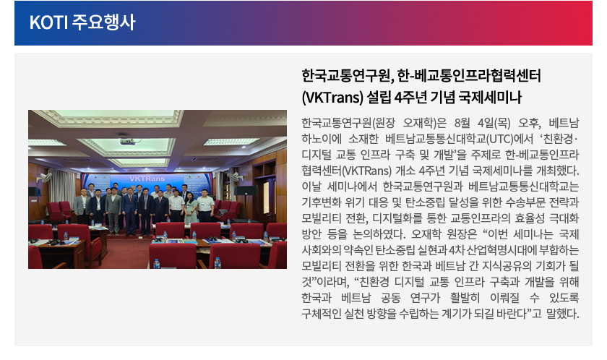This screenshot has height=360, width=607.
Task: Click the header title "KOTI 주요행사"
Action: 82,22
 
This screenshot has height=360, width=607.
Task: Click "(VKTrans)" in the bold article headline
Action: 332,97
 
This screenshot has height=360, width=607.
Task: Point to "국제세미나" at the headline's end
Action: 490,97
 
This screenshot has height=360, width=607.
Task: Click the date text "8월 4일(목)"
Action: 483,123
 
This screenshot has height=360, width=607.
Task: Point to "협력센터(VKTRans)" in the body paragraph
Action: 347,171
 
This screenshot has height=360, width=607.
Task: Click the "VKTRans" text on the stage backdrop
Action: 147,179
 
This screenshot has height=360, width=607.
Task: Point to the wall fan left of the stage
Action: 45,178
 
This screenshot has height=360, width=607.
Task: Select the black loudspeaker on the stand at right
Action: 246,191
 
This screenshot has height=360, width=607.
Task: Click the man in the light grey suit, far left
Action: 82,206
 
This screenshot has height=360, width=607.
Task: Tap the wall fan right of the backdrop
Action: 234,177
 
